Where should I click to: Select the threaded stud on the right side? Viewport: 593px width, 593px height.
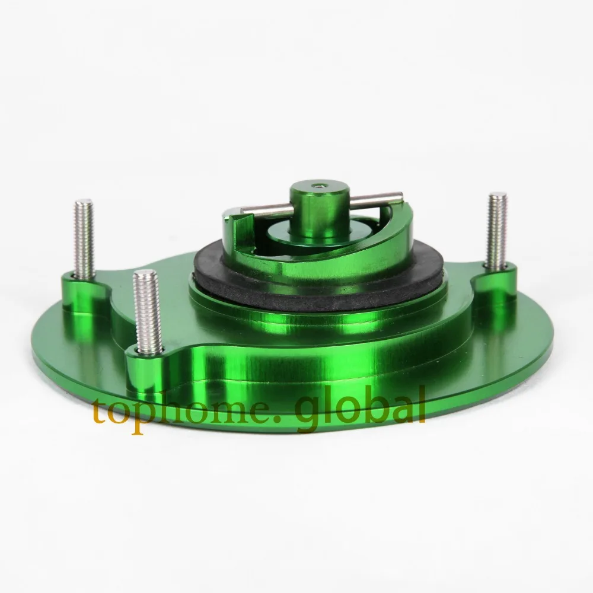(496, 228)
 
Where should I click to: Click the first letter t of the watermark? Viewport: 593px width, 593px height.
(101, 410)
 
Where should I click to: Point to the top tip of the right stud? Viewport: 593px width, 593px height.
(498, 195)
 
